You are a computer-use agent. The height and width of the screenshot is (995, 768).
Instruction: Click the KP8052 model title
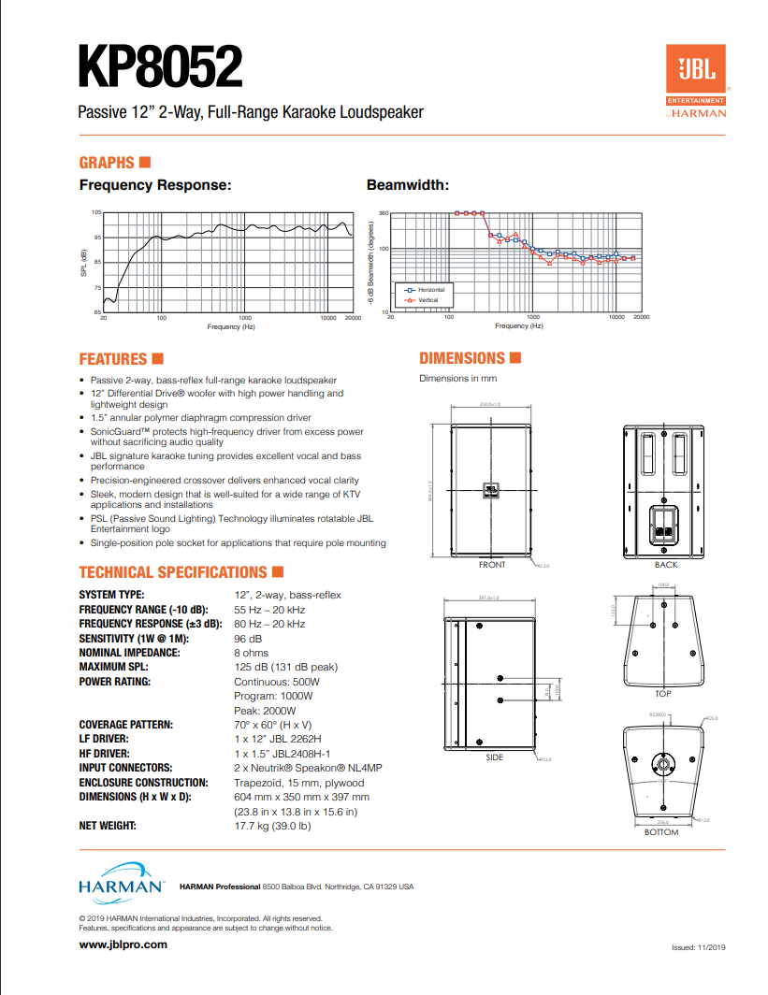161,68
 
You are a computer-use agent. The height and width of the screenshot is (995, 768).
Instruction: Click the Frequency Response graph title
155,185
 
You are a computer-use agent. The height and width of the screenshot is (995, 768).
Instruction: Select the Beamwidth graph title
407,185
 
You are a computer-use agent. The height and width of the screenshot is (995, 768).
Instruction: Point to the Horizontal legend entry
430,290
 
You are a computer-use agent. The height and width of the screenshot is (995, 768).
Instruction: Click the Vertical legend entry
427,299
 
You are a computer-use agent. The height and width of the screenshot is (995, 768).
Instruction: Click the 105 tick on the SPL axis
96,213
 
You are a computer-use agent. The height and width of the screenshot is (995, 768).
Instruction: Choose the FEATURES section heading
113,359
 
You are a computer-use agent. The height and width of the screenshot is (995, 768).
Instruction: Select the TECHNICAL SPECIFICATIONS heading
173,572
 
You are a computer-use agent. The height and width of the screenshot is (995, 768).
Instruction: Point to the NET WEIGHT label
108,826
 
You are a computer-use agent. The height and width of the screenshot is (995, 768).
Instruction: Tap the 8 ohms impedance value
251,652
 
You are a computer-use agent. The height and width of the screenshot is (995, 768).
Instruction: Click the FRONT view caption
492,565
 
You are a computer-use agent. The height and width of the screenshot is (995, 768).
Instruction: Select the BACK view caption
666,565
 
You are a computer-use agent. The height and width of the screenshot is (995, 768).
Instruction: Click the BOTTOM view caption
661,832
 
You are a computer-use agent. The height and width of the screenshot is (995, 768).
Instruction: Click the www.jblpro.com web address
123,945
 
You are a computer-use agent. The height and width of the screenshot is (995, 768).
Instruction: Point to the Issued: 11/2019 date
699,947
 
